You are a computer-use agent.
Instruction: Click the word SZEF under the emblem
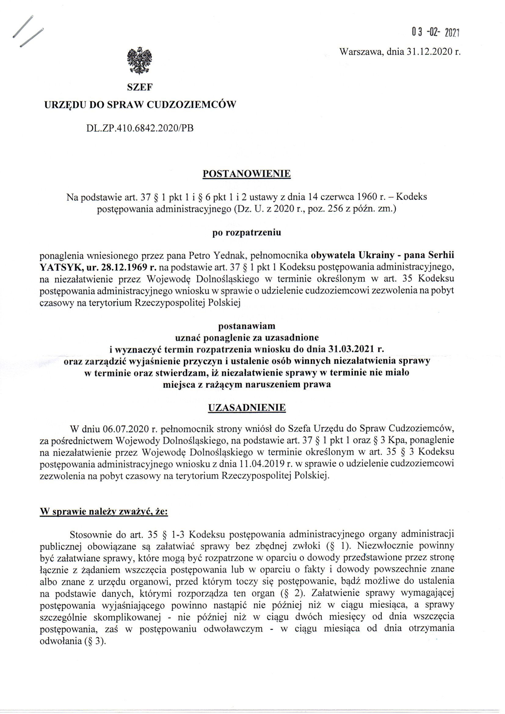pos(140,88)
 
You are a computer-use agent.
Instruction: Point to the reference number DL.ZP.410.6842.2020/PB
pos(140,128)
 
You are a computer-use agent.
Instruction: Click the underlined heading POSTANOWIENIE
pos(247,173)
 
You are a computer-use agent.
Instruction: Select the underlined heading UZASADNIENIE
pos(247,408)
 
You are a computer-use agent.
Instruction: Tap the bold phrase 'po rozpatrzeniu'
pos(247,233)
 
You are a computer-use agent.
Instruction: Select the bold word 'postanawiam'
pos(247,326)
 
